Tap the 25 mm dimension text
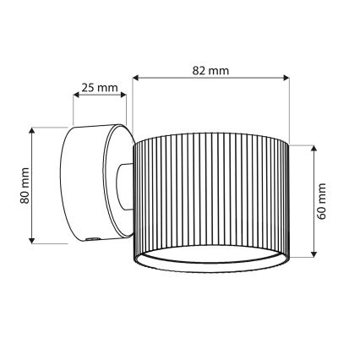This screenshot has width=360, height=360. click(100, 88)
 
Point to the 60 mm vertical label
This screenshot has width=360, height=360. click(322, 201)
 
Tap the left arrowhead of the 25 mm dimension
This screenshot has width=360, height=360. click(75, 97)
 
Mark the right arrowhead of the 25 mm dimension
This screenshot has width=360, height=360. click(125, 97)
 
